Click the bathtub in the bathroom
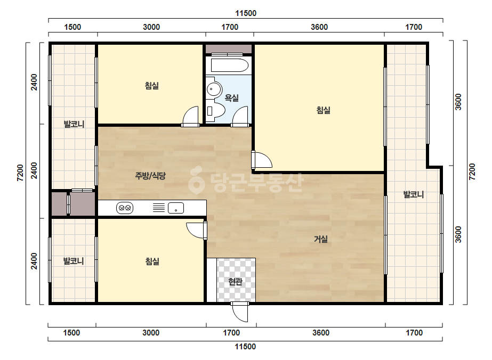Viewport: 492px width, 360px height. coord(230,65)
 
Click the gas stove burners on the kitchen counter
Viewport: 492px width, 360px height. coord(125,208)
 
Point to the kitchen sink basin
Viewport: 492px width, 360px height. coord(176,208)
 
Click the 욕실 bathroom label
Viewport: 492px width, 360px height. coord(231,98)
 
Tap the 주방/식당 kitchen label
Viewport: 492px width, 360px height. coord(150,176)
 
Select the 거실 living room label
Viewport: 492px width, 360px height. coord(321,239)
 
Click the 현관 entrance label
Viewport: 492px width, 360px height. coord(235,282)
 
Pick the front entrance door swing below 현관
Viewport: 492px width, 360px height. coord(240,312)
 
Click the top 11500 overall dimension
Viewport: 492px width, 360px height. coord(246,13)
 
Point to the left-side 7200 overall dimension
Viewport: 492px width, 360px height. coord(20,173)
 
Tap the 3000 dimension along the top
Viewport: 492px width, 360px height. coord(151,27)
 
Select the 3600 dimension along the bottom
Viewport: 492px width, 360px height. coord(321,333)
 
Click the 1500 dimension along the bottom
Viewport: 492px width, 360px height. coord(71,333)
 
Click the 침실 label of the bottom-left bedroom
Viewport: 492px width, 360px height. coord(152,261)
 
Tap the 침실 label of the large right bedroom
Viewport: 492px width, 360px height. coord(323,110)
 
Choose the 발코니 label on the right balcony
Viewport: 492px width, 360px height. coord(413,194)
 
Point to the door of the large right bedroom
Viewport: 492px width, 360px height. coord(262,160)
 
